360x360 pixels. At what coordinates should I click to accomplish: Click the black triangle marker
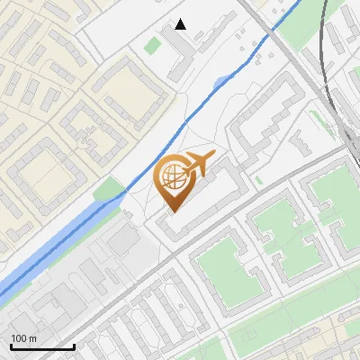pos(181,24)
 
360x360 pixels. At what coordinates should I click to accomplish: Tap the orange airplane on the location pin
pos(198,164)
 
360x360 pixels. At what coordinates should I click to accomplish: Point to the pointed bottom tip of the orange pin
pos(173,211)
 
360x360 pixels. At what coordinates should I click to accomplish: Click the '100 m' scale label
pos(23,338)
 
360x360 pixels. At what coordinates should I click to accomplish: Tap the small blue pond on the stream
pos(221,83)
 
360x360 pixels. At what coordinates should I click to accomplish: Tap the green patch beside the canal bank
pos(110,189)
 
